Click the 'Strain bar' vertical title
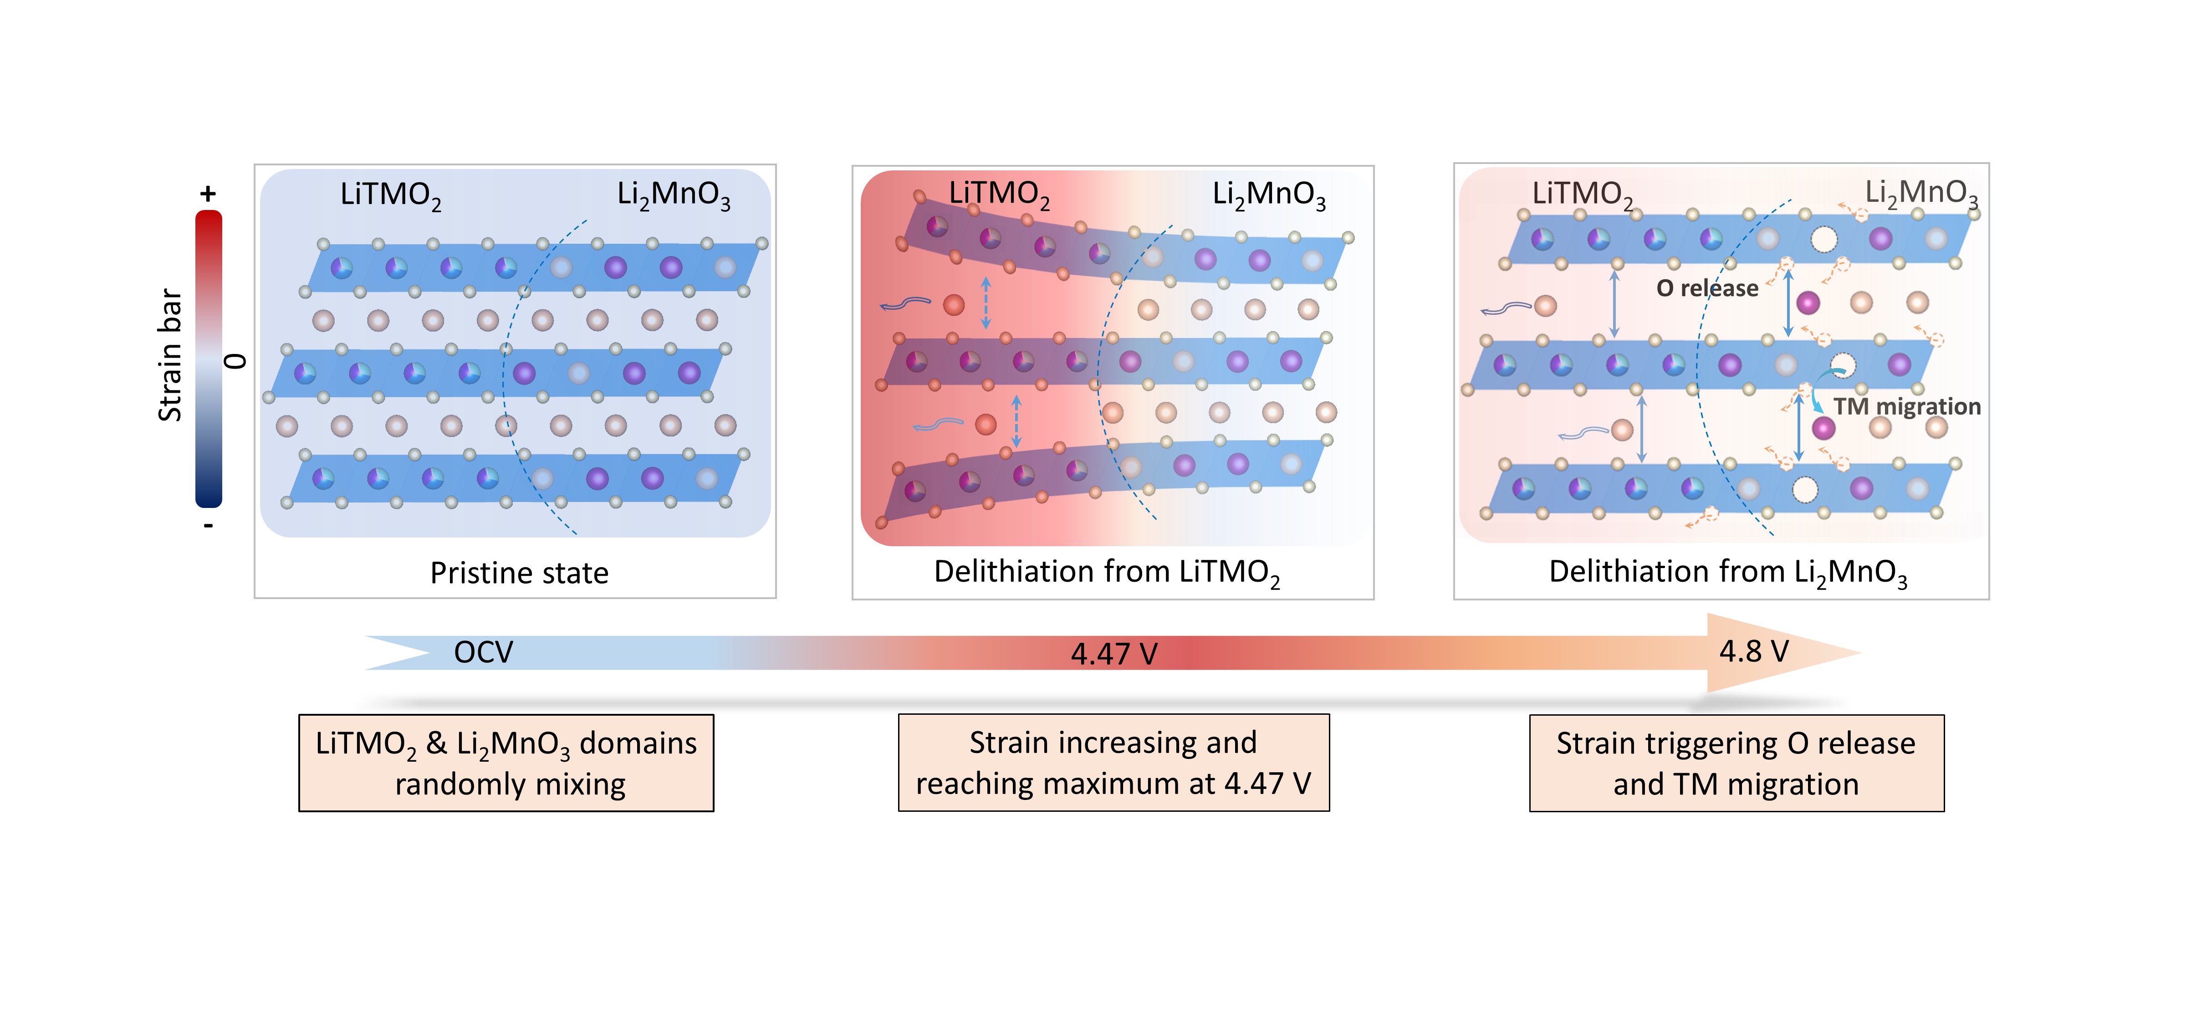click(x=170, y=355)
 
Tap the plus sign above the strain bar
click(x=208, y=195)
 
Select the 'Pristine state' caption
click(x=519, y=573)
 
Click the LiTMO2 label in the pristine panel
click(x=390, y=195)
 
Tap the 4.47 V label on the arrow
click(x=1113, y=654)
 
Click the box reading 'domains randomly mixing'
click(x=506, y=763)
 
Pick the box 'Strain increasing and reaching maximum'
click(x=1113, y=763)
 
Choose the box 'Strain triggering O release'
click(x=1736, y=763)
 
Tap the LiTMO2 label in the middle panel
click(x=999, y=195)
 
